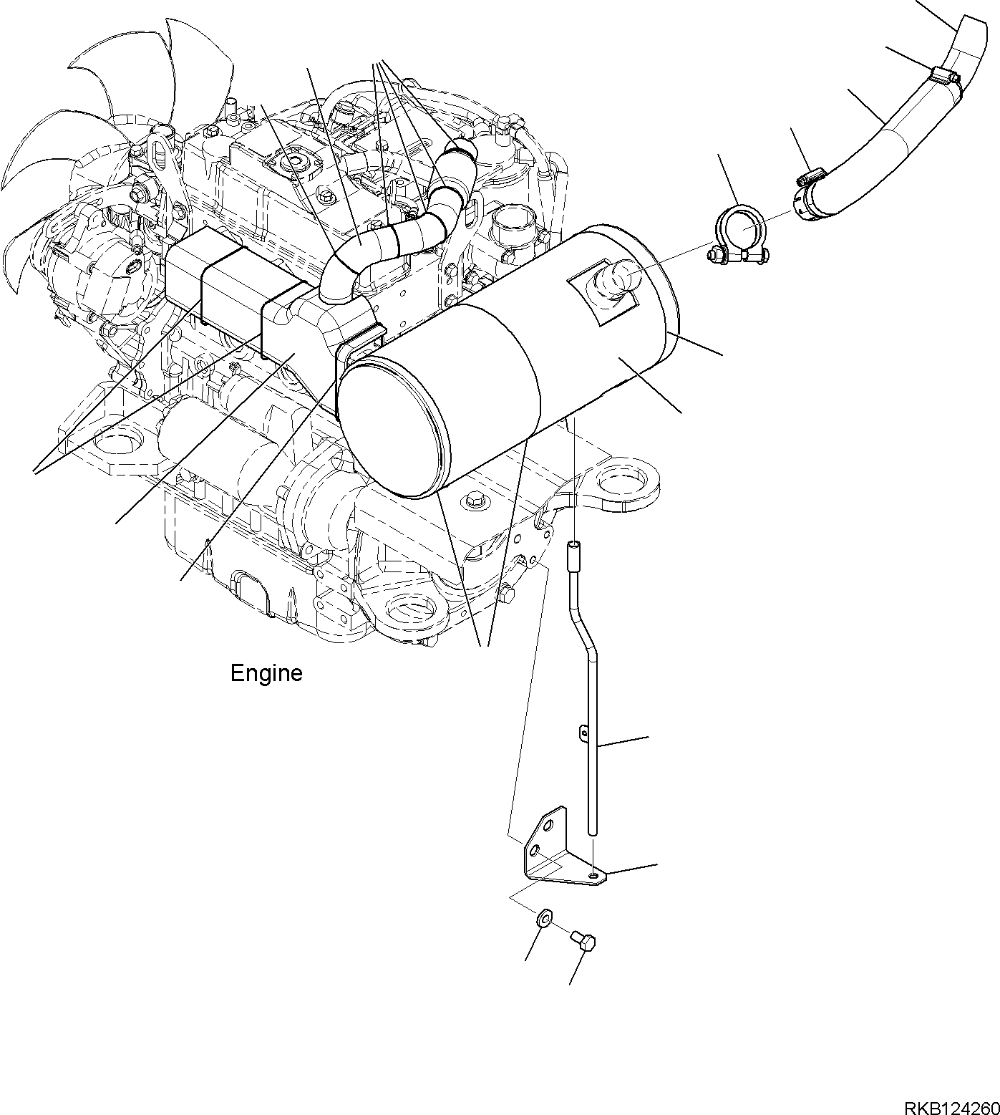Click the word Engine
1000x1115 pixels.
tap(266, 673)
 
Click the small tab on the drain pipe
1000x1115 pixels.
tap(583, 733)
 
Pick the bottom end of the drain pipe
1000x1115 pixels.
tap(592, 831)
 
